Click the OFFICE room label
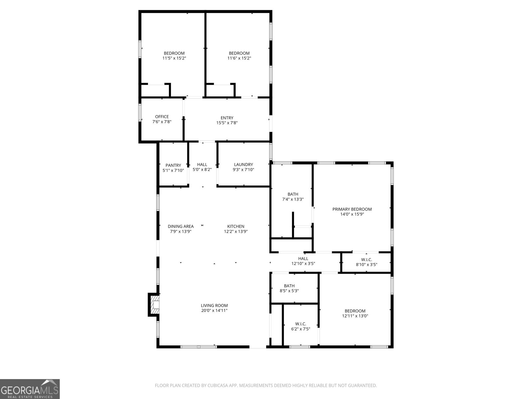point(162,117)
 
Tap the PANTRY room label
point(173,165)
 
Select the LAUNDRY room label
point(243,165)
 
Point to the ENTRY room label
point(227,118)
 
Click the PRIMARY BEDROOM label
point(352,209)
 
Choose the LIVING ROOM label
point(214,306)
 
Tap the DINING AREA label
point(181,226)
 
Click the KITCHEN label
point(236,226)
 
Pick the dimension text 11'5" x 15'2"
point(174,58)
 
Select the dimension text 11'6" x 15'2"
point(239,58)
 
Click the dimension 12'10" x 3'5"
point(303,263)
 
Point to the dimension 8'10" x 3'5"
point(366,265)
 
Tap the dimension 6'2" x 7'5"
point(301,329)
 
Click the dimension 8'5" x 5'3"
point(289,291)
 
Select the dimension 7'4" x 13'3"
point(293,199)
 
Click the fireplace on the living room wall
point(154,305)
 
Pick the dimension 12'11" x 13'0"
point(355,316)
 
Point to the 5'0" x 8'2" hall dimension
point(202,170)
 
